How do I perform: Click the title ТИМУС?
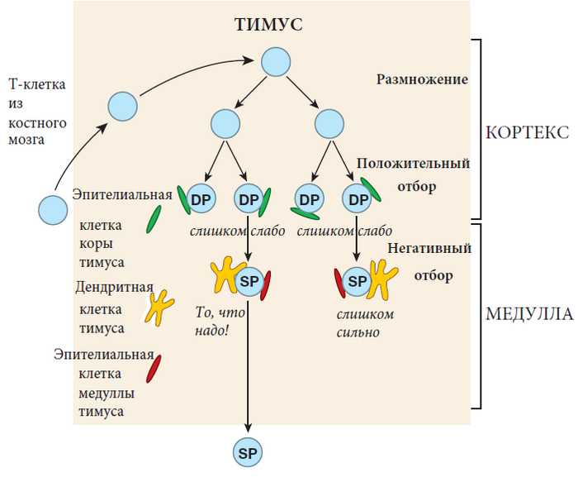click(268, 24)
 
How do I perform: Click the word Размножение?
click(422, 80)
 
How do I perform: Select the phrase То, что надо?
click(221, 321)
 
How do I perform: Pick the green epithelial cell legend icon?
click(154, 219)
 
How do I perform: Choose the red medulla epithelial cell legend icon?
click(154, 368)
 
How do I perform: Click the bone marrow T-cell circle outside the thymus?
click(53, 210)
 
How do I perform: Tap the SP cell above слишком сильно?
click(358, 282)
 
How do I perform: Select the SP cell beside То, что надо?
click(249, 282)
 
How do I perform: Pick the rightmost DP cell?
click(358, 199)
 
